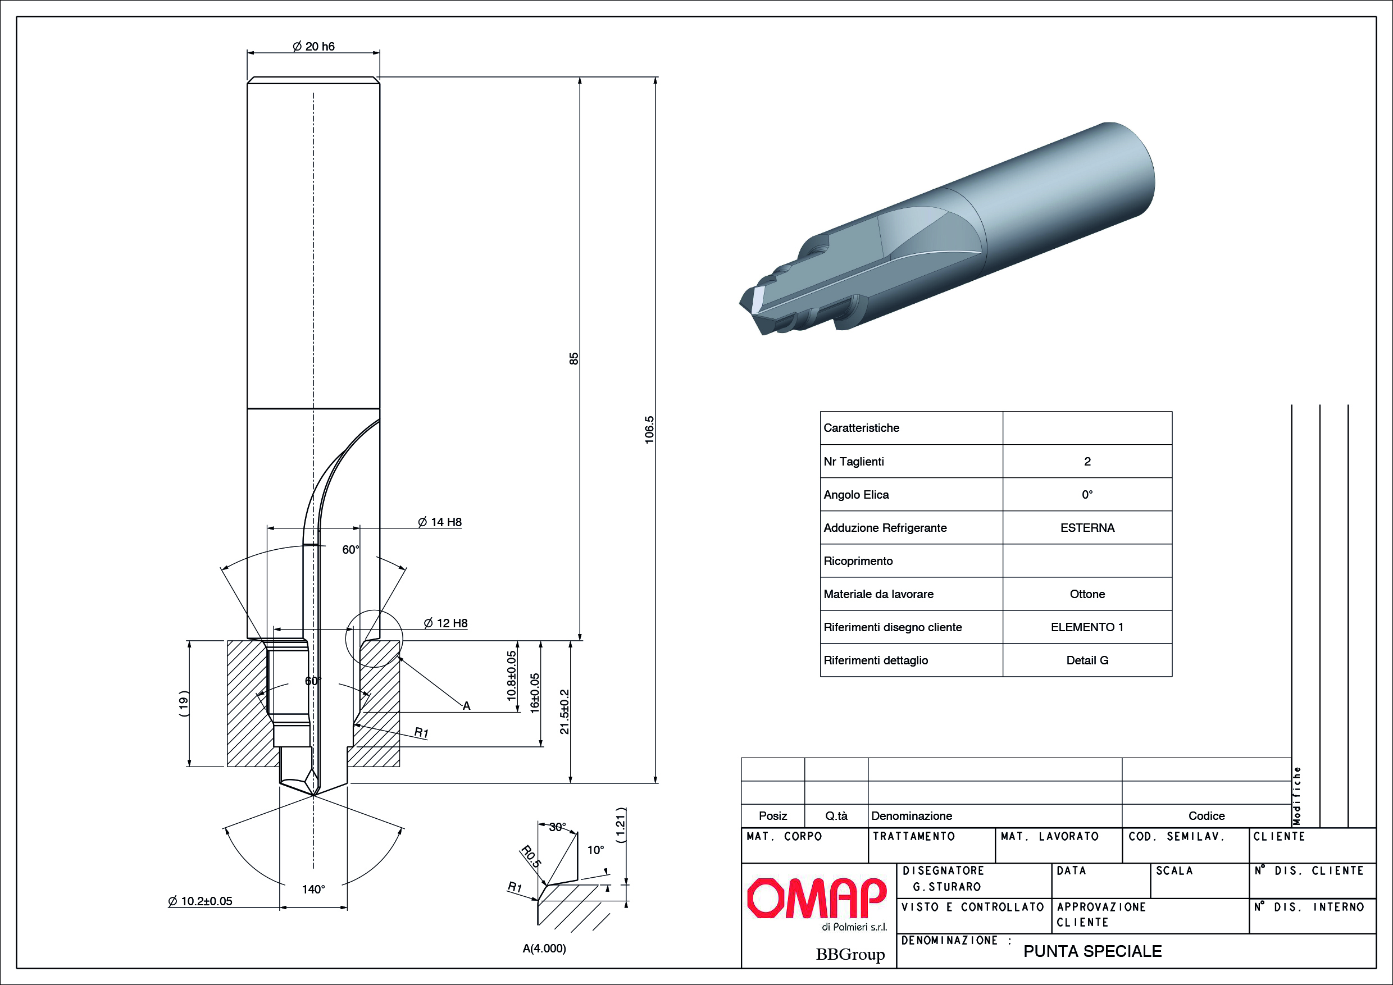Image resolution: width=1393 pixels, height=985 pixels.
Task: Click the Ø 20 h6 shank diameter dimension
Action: (x=313, y=47)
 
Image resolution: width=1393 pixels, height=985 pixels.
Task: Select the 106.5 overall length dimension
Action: (x=649, y=430)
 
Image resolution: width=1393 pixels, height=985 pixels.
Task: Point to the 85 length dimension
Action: (x=574, y=358)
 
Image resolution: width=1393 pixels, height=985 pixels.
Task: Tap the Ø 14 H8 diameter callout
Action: (x=440, y=522)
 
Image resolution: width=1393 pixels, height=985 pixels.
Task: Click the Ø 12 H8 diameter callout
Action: (x=446, y=623)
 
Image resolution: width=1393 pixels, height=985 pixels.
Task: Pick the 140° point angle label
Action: (x=313, y=889)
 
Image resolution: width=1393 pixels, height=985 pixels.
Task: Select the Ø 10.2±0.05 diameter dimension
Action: (x=200, y=901)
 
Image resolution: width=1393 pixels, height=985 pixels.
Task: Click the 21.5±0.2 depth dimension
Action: (x=565, y=712)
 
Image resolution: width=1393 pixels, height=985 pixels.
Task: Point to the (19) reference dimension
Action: (x=184, y=704)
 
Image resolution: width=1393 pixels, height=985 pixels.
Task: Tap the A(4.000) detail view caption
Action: (x=544, y=948)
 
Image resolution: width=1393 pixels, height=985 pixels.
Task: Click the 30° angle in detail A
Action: (x=558, y=827)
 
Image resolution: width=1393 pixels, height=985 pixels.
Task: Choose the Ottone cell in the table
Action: (x=1087, y=594)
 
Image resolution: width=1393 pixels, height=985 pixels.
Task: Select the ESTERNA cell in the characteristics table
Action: (x=1087, y=528)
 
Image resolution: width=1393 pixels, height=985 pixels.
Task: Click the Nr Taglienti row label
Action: (x=854, y=462)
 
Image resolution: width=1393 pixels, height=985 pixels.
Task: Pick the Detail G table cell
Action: (x=1087, y=660)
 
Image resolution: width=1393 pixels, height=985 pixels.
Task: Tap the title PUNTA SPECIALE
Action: (x=1092, y=951)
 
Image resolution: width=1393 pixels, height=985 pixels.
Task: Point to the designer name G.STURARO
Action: (x=946, y=887)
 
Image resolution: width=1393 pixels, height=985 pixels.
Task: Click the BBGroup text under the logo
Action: (x=850, y=955)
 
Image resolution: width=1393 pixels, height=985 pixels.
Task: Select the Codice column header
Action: (x=1206, y=816)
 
